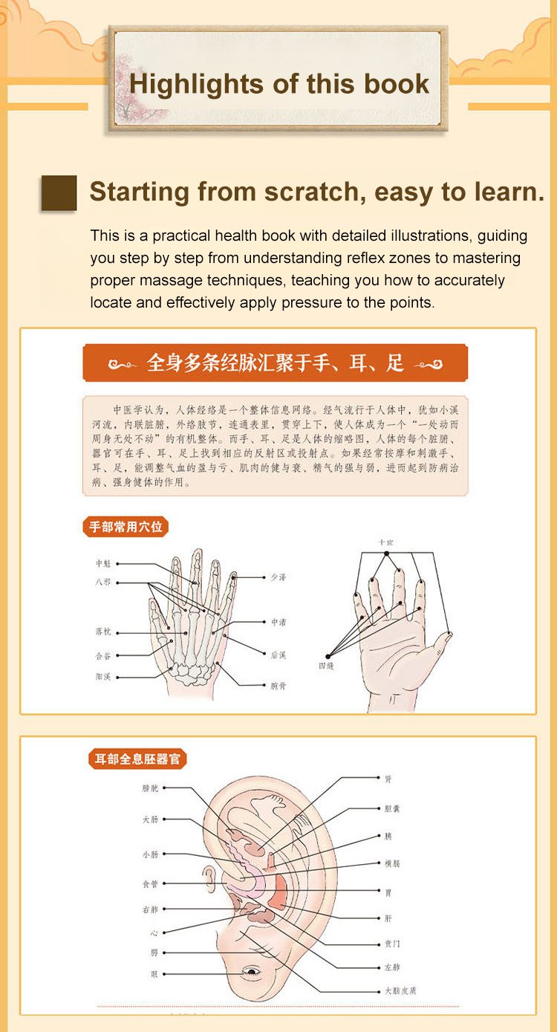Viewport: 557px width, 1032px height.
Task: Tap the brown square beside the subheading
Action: point(59,193)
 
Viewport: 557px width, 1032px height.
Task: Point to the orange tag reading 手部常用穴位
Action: point(125,528)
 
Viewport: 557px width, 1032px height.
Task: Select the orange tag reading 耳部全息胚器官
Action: point(137,759)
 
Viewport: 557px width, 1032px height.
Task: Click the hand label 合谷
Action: point(103,655)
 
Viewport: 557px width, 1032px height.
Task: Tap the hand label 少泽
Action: point(277,577)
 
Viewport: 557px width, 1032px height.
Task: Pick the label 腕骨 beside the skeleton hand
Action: point(278,686)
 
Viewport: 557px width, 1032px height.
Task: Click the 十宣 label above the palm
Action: point(385,542)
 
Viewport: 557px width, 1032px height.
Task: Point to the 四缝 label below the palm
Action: point(326,666)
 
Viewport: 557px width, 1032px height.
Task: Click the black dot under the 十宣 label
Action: point(385,554)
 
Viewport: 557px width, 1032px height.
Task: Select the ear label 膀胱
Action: point(150,788)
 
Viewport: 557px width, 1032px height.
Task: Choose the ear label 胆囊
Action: point(391,808)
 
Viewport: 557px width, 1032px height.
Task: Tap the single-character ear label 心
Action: point(154,932)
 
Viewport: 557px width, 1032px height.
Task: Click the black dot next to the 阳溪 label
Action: point(117,677)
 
